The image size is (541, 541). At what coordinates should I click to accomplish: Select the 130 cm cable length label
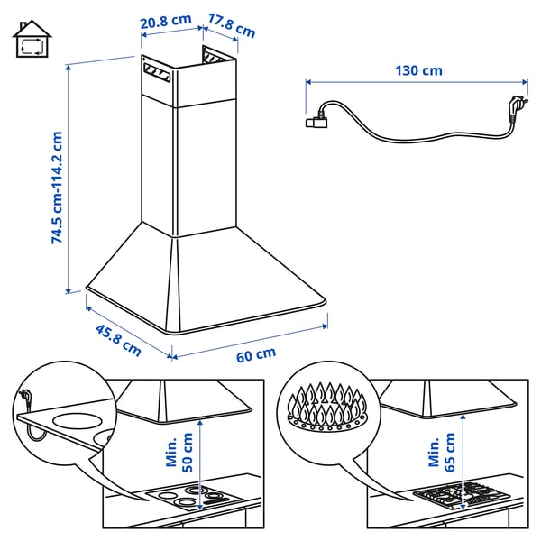coord(418,70)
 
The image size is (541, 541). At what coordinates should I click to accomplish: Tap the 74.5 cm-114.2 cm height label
coord(57,188)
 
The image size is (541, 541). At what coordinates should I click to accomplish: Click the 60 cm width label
coord(256,353)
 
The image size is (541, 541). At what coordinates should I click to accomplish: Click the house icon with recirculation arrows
coord(32,41)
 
